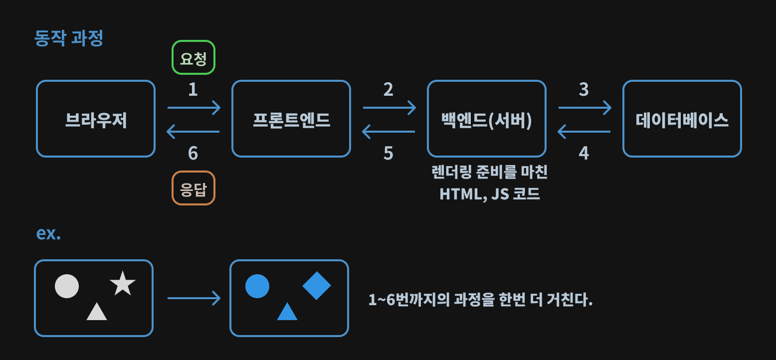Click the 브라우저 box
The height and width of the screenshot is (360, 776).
coord(96,119)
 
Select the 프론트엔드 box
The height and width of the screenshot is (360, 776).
coord(291,119)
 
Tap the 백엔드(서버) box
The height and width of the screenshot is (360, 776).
coord(487,119)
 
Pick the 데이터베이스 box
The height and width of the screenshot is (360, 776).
coord(682,119)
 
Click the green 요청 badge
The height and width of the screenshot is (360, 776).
coord(194,57)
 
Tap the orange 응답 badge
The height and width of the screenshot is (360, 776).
coord(194,188)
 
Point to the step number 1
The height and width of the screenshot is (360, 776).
coord(193,90)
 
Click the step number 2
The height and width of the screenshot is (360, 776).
coord(388,90)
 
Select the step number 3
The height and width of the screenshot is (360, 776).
coord(584,90)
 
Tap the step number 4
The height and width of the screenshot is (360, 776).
coord(584,153)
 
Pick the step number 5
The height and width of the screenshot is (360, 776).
coord(388,153)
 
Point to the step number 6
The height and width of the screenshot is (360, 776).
coord(193,153)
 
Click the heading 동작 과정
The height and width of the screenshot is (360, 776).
coord(69,38)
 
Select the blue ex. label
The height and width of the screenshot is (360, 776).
coord(48,233)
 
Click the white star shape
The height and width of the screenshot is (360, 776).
coord(123,284)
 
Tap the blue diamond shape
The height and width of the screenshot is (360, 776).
coord(317,286)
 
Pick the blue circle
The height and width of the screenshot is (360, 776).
coord(257,286)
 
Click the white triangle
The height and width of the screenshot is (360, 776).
coord(97,312)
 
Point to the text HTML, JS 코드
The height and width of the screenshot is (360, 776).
coord(490,193)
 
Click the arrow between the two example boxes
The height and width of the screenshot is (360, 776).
coord(194,298)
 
